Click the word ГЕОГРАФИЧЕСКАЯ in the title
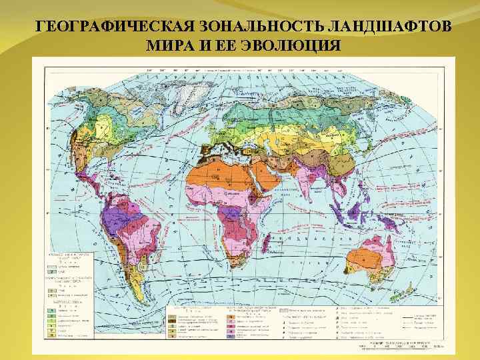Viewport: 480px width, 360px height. (x=110, y=27)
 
